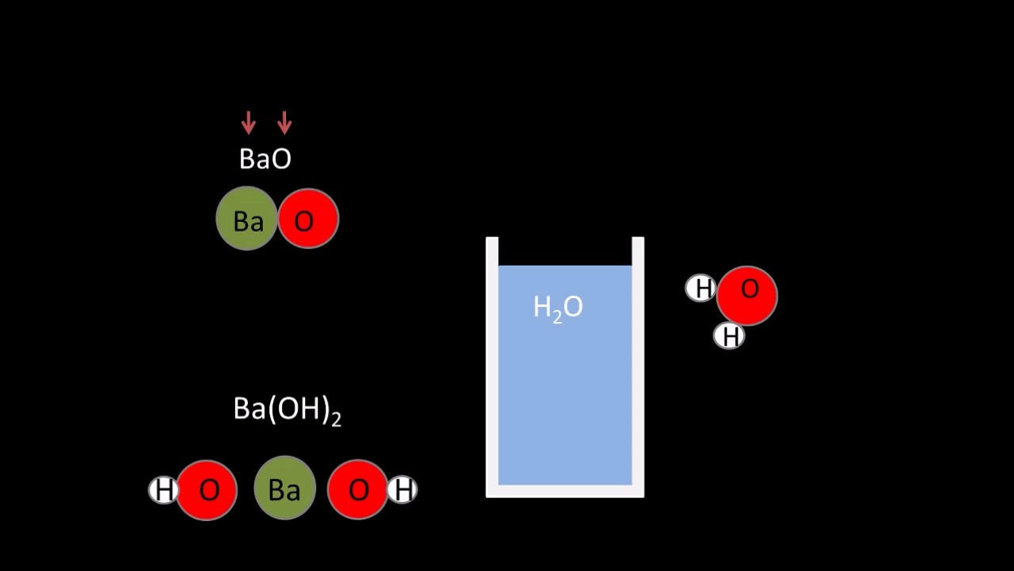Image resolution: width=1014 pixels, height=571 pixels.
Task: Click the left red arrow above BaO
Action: tap(248, 123)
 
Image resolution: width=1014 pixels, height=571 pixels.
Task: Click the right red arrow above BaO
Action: tap(284, 123)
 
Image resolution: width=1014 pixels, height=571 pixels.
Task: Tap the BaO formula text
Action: tap(265, 159)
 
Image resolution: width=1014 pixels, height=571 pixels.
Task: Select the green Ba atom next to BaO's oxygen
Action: tap(246, 219)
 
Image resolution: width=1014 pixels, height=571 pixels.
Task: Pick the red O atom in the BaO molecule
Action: tap(307, 219)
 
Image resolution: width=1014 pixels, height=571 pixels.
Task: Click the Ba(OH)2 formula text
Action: tap(287, 410)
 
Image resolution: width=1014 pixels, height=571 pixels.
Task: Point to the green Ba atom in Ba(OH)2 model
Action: tap(284, 489)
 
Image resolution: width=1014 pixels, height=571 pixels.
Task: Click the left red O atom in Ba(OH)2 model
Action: tap(207, 490)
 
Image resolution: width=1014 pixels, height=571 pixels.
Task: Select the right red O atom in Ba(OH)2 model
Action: tap(357, 490)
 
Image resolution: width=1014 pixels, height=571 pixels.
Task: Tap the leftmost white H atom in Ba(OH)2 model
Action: tap(163, 491)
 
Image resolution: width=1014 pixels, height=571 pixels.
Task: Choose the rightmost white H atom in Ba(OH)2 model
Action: tap(403, 490)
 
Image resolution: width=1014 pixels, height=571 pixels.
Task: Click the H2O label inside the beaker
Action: tap(558, 308)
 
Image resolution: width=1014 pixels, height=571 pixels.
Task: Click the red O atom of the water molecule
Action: tap(747, 295)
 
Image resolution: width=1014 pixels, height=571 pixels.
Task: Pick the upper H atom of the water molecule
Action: tap(701, 289)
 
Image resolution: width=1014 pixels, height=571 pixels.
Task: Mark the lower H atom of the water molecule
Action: tap(729, 336)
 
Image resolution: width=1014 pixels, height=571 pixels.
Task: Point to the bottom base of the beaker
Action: tap(565, 491)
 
